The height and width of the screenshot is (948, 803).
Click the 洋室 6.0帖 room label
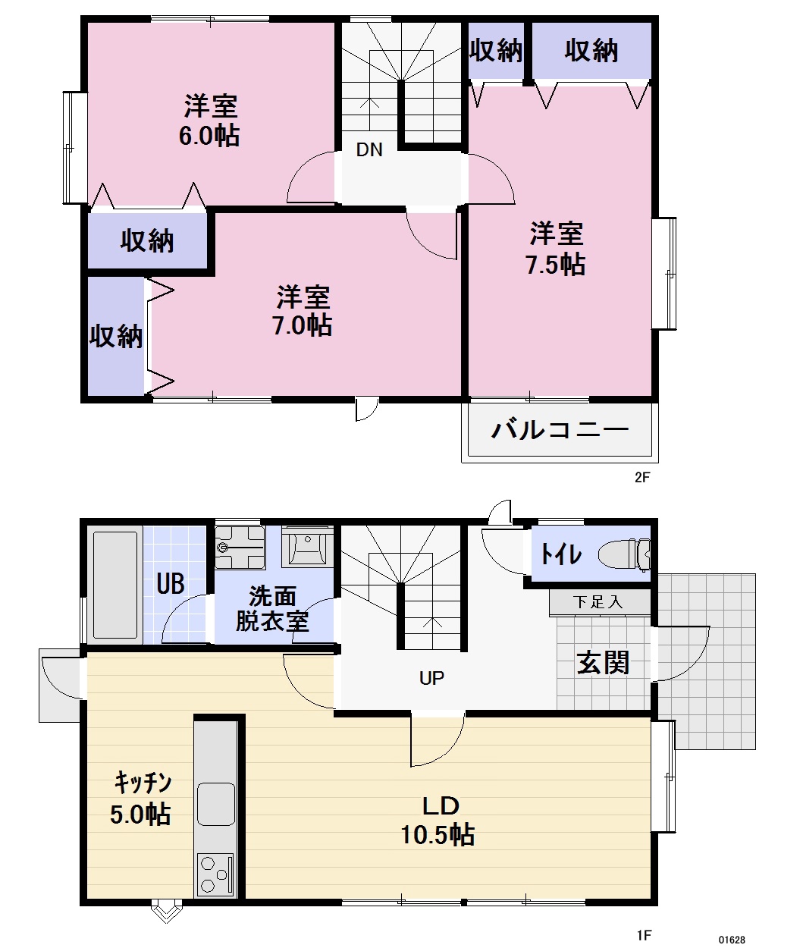[x=211, y=121]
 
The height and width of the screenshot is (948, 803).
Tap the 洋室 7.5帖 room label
[x=556, y=249]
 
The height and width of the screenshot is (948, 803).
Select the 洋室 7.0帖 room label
[x=303, y=309]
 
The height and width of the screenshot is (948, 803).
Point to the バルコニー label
[x=560, y=430]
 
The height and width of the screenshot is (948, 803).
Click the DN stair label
[x=369, y=149]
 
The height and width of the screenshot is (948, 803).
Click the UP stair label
[x=431, y=678]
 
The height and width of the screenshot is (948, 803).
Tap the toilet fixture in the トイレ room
[x=623, y=555]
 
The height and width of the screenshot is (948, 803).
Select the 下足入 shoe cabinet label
[x=599, y=602]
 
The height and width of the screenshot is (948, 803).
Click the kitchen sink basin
[x=216, y=803]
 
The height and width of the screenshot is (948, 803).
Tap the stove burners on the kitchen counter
[x=216, y=875]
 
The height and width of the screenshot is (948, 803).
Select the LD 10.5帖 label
[x=438, y=820]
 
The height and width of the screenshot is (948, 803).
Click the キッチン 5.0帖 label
[x=142, y=798]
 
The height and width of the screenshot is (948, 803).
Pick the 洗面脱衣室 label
[x=272, y=609]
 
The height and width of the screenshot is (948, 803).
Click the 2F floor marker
[x=643, y=478]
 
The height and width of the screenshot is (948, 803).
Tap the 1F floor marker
[x=645, y=935]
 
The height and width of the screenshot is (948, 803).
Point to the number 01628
[x=732, y=940]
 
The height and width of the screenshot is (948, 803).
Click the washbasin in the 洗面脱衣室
[x=307, y=546]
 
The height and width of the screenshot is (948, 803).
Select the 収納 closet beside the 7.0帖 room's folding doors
[x=116, y=336]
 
